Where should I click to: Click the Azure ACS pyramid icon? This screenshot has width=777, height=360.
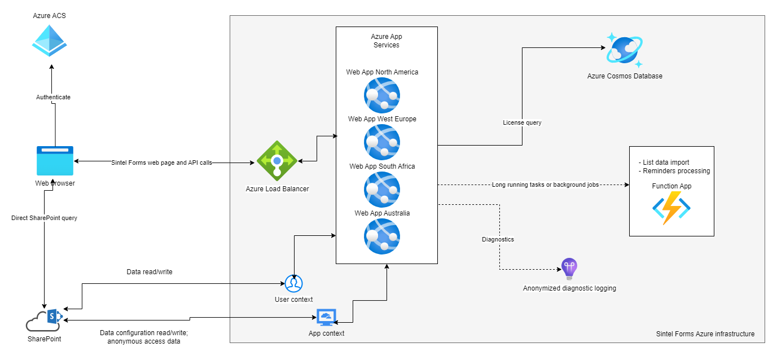tap(50, 40)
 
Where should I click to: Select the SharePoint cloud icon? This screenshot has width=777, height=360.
tap(44, 320)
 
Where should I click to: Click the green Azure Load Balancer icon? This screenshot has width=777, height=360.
tap(276, 161)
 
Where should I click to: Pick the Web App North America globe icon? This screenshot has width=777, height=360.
tap(382, 95)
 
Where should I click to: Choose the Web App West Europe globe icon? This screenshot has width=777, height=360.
tap(382, 142)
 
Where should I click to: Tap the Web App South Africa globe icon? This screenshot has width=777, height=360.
tap(382, 190)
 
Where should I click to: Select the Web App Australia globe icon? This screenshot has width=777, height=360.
tap(382, 236)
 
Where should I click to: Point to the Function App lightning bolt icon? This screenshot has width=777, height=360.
tap(671, 208)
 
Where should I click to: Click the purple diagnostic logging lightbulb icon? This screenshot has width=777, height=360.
tap(569, 269)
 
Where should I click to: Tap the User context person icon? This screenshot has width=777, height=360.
tap(293, 283)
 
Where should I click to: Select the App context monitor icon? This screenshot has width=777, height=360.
tap(326, 318)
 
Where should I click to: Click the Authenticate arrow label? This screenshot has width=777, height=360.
tap(54, 97)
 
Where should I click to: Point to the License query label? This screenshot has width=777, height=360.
tap(522, 122)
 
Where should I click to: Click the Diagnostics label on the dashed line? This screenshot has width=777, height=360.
tap(498, 239)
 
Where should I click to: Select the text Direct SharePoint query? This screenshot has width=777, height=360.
tap(44, 218)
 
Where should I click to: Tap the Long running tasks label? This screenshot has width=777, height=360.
tap(545, 185)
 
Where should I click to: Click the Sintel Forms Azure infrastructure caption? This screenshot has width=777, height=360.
tap(705, 333)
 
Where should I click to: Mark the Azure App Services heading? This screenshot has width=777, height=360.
tap(387, 41)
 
